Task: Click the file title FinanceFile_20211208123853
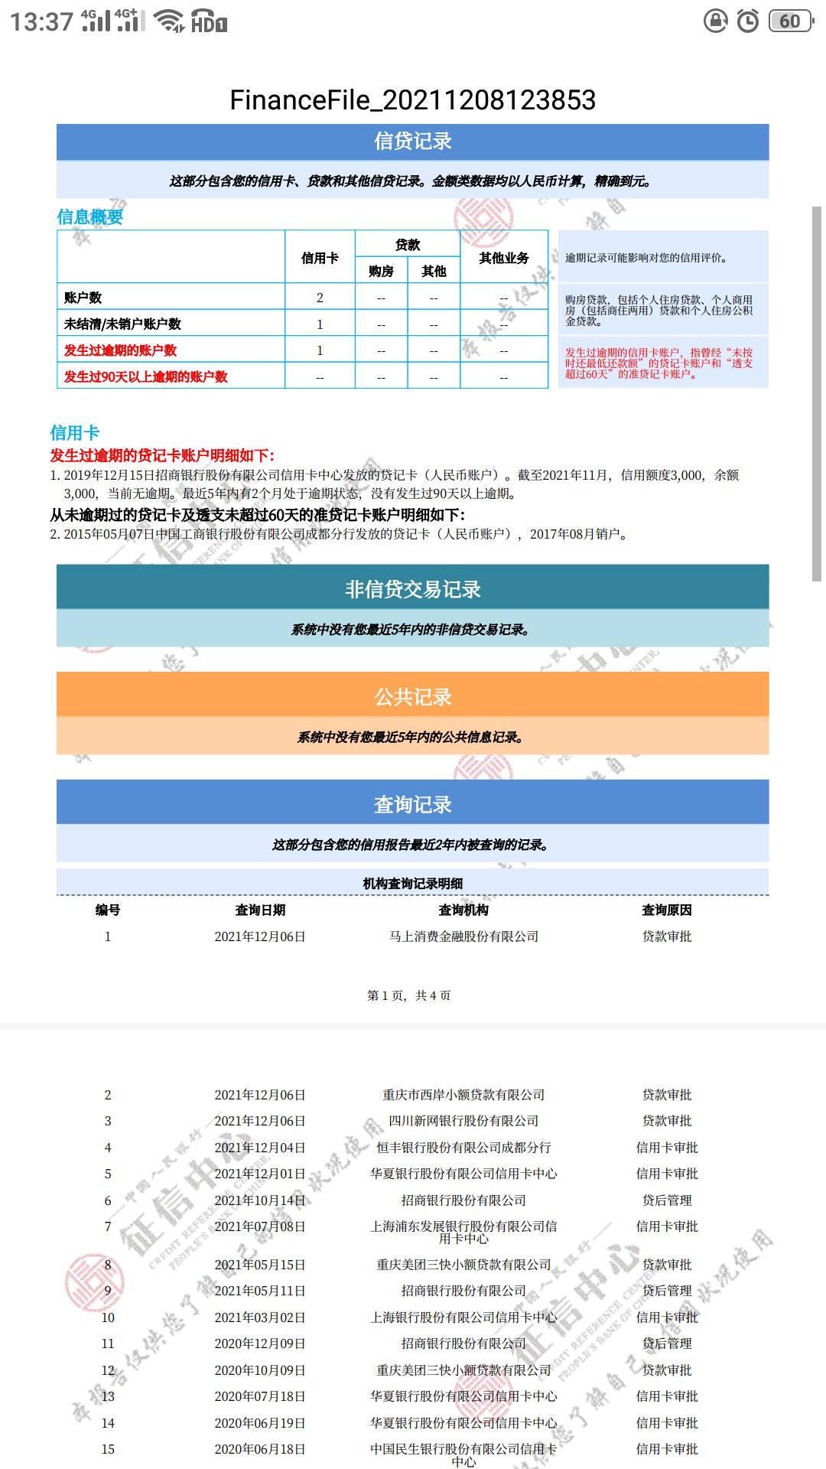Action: click(412, 100)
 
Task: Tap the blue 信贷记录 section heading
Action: click(412, 142)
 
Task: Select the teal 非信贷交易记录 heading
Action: click(412, 589)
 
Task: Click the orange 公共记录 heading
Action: click(412, 697)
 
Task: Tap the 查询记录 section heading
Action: click(412, 805)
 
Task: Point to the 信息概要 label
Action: click(90, 217)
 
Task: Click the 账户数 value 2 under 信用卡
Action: click(320, 298)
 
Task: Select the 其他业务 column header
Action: click(504, 258)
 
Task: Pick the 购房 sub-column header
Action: click(381, 271)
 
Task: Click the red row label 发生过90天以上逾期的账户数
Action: click(146, 376)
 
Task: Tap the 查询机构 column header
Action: click(463, 910)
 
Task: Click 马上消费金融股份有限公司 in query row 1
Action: click(463, 936)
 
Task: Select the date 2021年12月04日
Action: click(260, 1148)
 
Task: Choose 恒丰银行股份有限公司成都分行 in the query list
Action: click(463, 1148)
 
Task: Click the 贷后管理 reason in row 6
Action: click(667, 1200)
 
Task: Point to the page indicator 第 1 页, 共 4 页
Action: click(409, 995)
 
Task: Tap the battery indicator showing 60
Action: click(790, 21)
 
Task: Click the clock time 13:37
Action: click(41, 21)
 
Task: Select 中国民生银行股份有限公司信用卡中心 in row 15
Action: click(463, 1454)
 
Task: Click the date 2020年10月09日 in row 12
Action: click(260, 1370)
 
